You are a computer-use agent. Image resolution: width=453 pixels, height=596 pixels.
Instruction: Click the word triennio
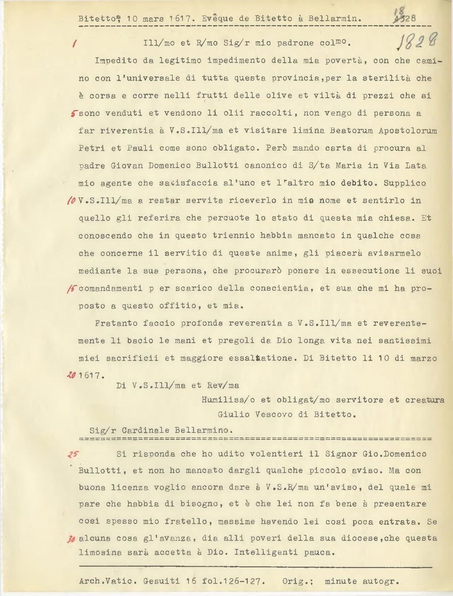[230, 236]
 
